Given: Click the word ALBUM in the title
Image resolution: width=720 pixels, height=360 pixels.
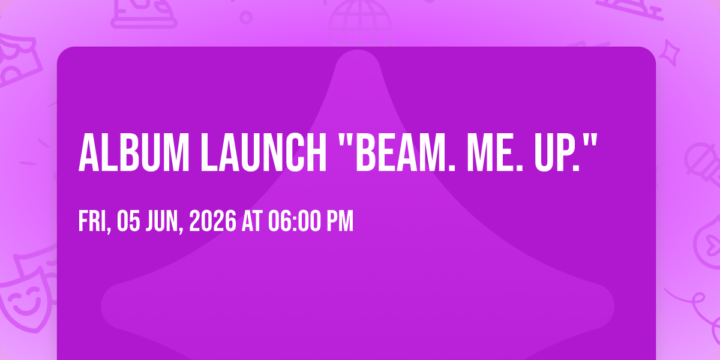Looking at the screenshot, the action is pyautogui.click(x=134, y=152).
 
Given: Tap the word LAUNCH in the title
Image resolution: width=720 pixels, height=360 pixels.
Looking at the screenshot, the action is pyautogui.click(x=263, y=152).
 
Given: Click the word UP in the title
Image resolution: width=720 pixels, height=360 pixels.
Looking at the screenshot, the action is pyautogui.click(x=553, y=152).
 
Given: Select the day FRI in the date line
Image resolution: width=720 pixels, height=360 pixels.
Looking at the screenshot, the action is pyautogui.click(x=92, y=221).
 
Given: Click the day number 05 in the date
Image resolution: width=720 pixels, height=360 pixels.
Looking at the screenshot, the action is pyautogui.click(x=128, y=221).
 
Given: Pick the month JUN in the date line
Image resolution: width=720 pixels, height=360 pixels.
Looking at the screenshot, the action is pyautogui.click(x=163, y=221).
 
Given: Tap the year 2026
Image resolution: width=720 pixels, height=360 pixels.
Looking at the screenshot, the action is pyautogui.click(x=213, y=221).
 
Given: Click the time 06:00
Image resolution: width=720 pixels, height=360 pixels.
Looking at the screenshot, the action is pyautogui.click(x=295, y=221).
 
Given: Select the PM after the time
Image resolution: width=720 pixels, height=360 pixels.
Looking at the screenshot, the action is pyautogui.click(x=340, y=221).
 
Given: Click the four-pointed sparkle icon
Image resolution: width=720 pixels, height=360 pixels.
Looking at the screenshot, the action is pyautogui.click(x=670, y=53).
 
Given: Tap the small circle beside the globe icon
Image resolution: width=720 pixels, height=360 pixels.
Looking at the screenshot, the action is pyautogui.click(x=246, y=17).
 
